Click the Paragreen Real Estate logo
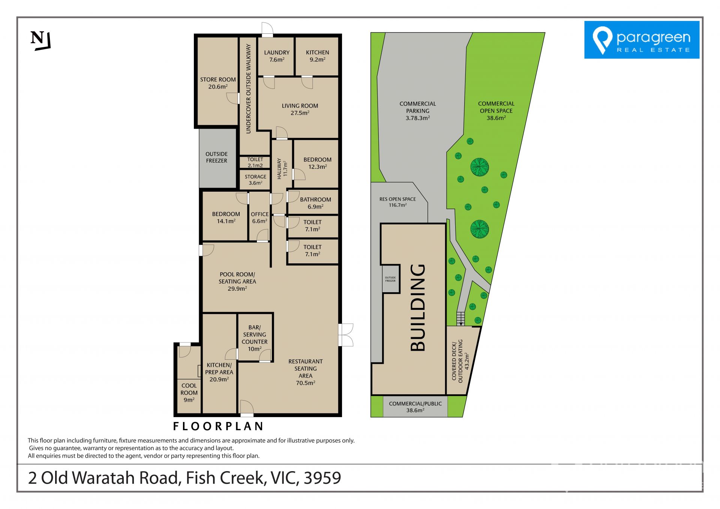pyautogui.click(x=642, y=40)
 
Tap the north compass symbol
pyautogui.click(x=40, y=41)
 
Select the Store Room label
pyautogui.click(x=218, y=83)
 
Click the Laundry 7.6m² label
pyautogui.click(x=277, y=56)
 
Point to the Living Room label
pyautogui.click(x=300, y=109)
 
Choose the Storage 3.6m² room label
pyautogui.click(x=255, y=180)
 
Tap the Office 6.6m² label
pyautogui.click(x=259, y=218)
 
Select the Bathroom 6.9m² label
pyautogui.click(x=315, y=203)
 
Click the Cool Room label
pyautogui.click(x=189, y=393)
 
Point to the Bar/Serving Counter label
pyautogui.click(x=255, y=338)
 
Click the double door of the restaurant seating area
pyautogui.click(x=346, y=335)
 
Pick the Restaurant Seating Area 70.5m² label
pyautogui.click(x=306, y=372)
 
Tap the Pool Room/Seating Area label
pyautogui.click(x=237, y=281)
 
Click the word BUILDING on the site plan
pyautogui.click(x=418, y=308)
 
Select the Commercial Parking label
pyautogui.click(x=418, y=111)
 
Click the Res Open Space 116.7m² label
pyautogui.click(x=397, y=202)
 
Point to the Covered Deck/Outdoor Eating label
pyautogui.click(x=460, y=361)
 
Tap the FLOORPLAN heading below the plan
pyautogui.click(x=218, y=426)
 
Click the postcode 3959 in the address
pyautogui.click(x=322, y=478)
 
